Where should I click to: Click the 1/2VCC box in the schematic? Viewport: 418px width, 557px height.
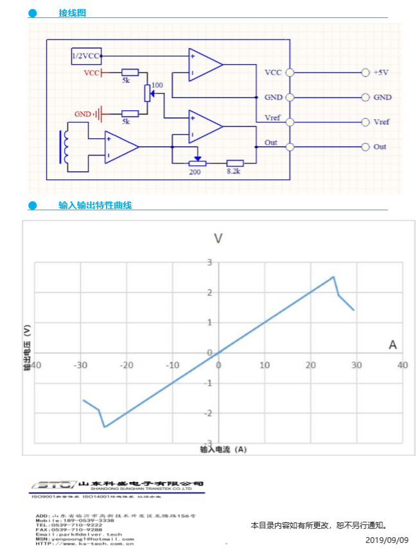pyautogui.click(x=85, y=56)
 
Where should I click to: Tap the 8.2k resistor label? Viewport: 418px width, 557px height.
pyautogui.click(x=233, y=172)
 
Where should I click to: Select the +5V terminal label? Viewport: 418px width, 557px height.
pyautogui.click(x=381, y=72)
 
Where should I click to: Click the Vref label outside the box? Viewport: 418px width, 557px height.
pyautogui.click(x=381, y=122)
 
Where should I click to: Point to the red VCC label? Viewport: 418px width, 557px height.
pyautogui.click(x=92, y=72)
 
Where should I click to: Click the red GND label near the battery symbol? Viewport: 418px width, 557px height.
pyautogui.click(x=83, y=114)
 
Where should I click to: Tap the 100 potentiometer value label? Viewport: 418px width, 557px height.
pyautogui.click(x=157, y=85)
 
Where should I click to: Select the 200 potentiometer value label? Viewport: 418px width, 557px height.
pyautogui.click(x=195, y=172)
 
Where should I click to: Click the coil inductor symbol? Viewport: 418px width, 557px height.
pyautogui.click(x=65, y=147)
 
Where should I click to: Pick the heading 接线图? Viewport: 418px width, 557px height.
pyautogui.click(x=72, y=13)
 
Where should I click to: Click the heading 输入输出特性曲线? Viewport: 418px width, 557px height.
pyautogui.click(x=95, y=205)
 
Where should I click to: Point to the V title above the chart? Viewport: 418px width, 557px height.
pyautogui.click(x=218, y=238)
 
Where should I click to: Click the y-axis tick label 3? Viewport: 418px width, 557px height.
pyautogui.click(x=209, y=262)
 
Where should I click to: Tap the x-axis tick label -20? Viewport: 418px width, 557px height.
pyautogui.click(x=126, y=365)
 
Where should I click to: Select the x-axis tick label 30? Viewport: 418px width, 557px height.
pyautogui.click(x=356, y=365)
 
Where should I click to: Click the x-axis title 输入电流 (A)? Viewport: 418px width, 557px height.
pyautogui.click(x=223, y=449)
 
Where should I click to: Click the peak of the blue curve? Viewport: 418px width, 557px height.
pyautogui.click(x=333, y=277)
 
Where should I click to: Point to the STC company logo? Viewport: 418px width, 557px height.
pyautogui.click(x=53, y=485)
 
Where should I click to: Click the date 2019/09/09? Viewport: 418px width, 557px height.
pyautogui.click(x=387, y=540)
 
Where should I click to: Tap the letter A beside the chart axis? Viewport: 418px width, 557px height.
pyautogui.click(x=392, y=345)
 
